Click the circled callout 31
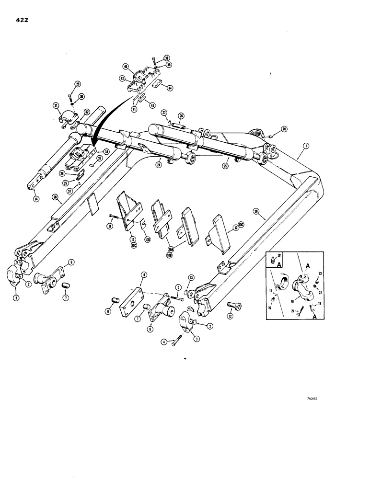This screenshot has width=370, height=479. point(56,106)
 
